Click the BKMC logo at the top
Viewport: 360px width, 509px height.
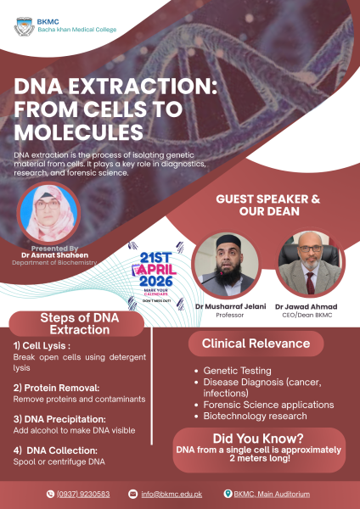25,25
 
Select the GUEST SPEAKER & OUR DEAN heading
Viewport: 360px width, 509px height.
267,205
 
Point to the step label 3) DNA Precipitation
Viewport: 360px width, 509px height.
59,418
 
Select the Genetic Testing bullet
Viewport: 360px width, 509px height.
238,371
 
